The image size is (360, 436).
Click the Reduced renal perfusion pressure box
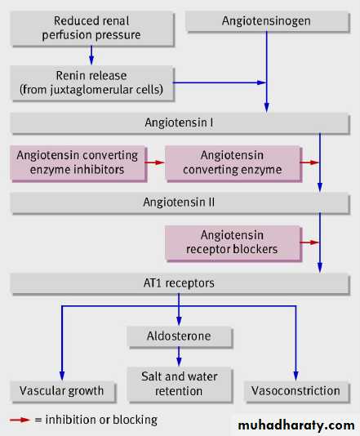coord(92,28)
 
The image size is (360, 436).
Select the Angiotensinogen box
coord(267,21)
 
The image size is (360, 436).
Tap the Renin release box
coord(92,82)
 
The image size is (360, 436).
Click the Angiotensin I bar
coord(180,123)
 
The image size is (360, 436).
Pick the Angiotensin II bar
coord(180,202)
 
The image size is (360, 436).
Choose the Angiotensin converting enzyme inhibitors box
coord(78,163)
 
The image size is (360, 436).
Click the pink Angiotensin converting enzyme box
coord(233,163)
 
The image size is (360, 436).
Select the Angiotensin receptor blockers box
coord(233,242)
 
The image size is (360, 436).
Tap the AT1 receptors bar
coord(180,283)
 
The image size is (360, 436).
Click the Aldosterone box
coord(180,336)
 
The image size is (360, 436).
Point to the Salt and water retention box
coord(180,385)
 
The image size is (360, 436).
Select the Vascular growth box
coord(63,392)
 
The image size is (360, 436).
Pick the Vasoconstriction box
coord(296,392)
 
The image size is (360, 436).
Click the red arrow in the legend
coord(20,420)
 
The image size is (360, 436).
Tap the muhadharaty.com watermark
coord(296,425)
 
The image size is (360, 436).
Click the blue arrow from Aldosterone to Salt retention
coord(179,357)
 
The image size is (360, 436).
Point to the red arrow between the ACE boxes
coord(154,162)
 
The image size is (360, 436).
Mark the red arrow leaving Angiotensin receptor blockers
coord(309,242)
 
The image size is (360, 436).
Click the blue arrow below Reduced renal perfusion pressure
coord(91,55)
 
